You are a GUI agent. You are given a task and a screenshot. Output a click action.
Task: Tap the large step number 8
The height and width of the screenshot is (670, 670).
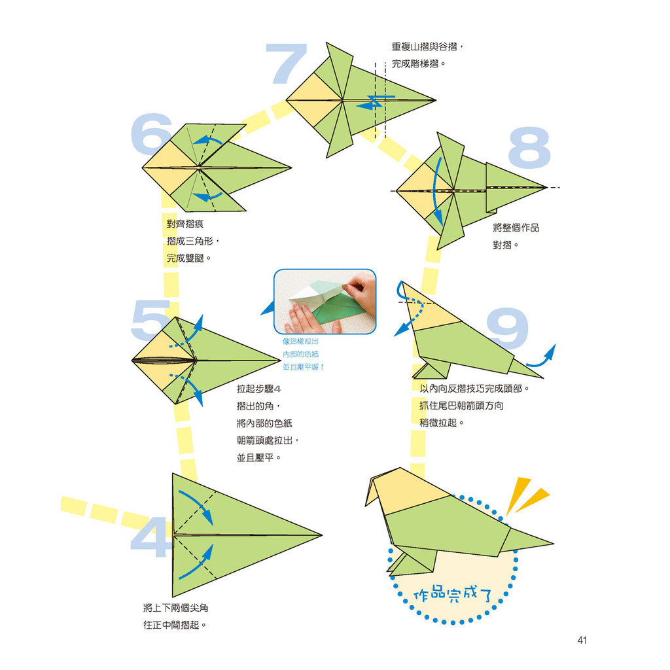point(529,147)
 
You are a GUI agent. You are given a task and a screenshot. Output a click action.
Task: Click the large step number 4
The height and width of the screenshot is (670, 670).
point(150,537)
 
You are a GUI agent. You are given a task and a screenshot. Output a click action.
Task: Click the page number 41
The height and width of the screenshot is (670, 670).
point(582,640)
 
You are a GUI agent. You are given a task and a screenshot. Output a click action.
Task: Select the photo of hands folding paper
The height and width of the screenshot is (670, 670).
point(325,302)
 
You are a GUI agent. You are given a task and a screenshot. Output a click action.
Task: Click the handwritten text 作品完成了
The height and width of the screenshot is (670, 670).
point(453,594)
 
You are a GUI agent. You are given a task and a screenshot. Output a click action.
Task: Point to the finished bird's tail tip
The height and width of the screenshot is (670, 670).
point(554,544)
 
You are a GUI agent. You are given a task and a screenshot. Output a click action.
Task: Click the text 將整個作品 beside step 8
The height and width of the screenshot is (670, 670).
point(516,228)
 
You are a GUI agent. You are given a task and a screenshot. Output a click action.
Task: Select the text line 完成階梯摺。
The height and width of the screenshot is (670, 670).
point(419,63)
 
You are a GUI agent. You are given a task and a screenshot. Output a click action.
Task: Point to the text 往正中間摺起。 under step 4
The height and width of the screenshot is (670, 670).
point(175,625)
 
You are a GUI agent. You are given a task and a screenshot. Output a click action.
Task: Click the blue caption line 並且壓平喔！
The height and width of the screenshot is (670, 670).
point(304,366)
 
